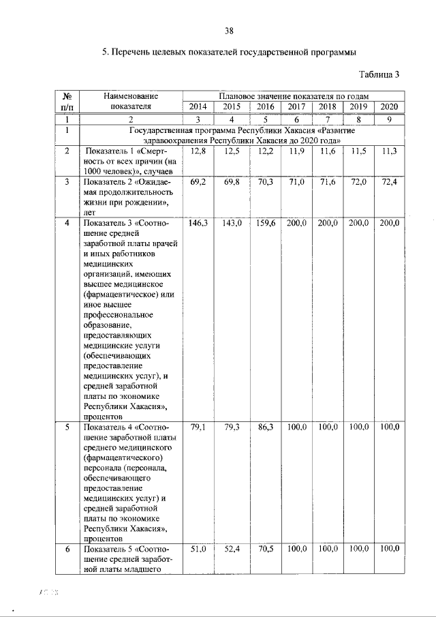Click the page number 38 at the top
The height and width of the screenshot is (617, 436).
(x=230, y=30)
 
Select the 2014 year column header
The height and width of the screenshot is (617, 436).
(x=198, y=106)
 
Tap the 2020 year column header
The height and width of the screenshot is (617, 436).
(x=388, y=106)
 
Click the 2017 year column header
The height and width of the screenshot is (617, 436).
(x=296, y=106)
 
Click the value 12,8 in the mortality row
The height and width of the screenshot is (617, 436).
(x=198, y=151)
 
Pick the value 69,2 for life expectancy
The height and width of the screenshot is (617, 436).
(x=198, y=183)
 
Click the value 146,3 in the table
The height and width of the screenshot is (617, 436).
(x=197, y=223)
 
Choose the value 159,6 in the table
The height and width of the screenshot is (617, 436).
(x=262, y=223)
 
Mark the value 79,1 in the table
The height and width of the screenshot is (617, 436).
(x=198, y=427)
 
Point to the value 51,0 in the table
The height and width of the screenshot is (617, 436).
(x=198, y=549)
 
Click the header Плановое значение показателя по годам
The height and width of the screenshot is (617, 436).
(x=293, y=96)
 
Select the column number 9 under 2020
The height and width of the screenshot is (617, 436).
(x=388, y=119)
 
